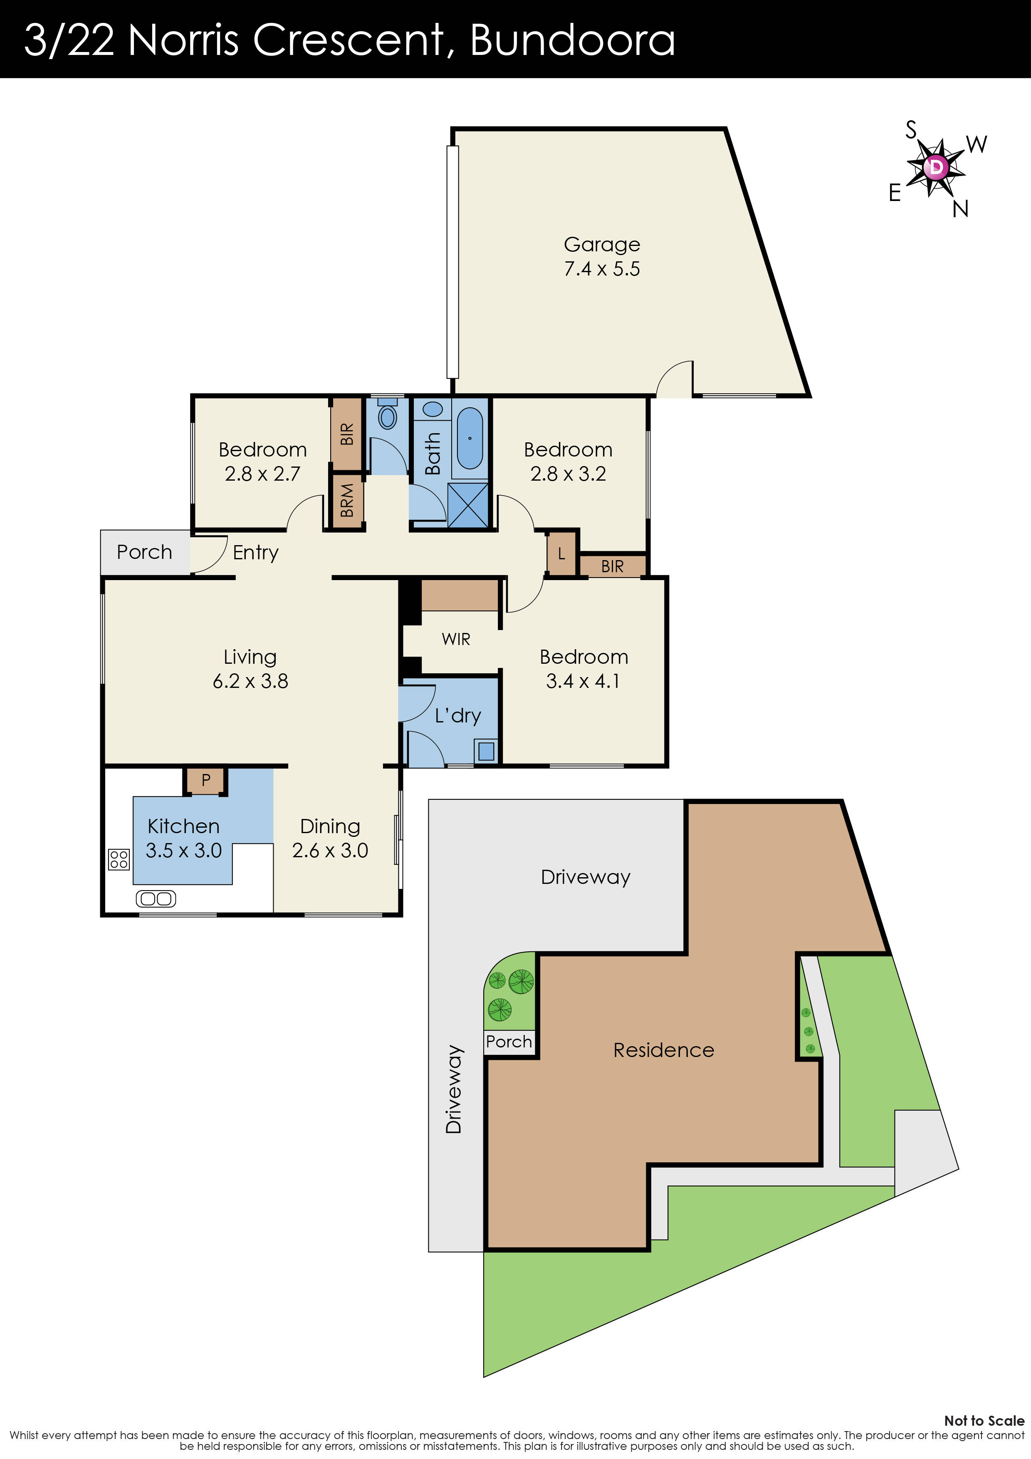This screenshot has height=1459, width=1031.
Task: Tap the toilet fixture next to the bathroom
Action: point(387,416)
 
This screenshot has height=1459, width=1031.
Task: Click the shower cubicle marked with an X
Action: point(468,505)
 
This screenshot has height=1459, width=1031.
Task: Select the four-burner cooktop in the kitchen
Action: point(119,859)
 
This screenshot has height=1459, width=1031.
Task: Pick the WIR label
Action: point(456,639)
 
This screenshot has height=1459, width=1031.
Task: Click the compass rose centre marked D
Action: point(936,168)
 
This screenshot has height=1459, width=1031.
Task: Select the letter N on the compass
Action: point(960,208)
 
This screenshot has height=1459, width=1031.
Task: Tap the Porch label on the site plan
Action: point(509,1041)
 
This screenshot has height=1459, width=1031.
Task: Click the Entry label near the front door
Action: point(255,552)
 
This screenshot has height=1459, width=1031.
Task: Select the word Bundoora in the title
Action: point(572,40)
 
